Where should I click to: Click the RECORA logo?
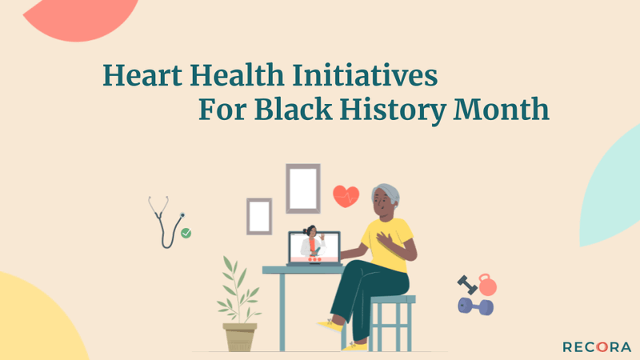point(596,346)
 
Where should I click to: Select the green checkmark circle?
point(186,233)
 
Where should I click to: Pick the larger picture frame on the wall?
point(303,188)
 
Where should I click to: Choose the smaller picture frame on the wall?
point(259,216)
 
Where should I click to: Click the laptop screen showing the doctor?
point(314,246)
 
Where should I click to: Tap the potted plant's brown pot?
point(240,337)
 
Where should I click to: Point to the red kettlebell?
point(486,285)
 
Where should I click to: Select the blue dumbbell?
point(475,306)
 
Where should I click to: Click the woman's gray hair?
point(387,194)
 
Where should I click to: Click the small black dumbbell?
point(466,283)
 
